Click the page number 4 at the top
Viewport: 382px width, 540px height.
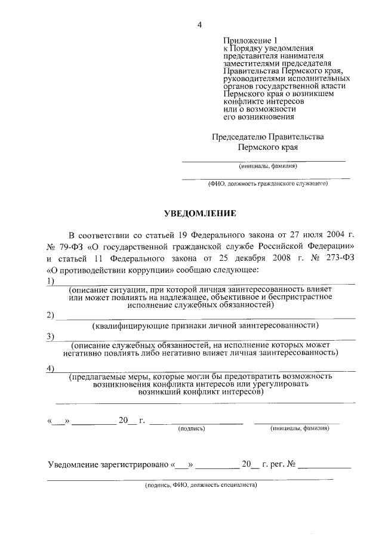tap(200, 24)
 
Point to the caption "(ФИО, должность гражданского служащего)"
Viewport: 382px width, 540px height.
tap(268, 184)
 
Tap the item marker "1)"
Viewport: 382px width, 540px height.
tap(51, 281)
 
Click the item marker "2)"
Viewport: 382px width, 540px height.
tap(51, 315)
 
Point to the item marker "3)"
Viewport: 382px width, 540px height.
tap(51, 337)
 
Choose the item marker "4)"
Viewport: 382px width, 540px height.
tap(51, 368)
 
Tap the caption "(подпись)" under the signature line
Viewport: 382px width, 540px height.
tap(192, 428)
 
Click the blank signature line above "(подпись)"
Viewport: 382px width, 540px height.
tap(196, 422)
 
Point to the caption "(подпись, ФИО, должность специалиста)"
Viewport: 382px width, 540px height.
tap(201, 486)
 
